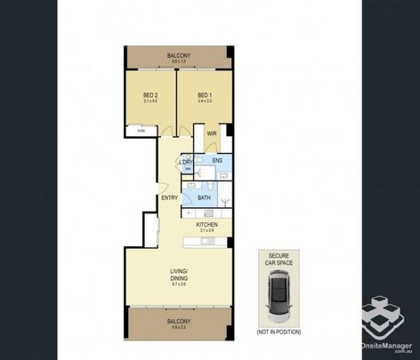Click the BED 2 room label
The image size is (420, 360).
(x=150, y=94)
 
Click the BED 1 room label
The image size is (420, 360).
(x=205, y=94)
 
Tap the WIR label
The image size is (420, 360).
(x=212, y=134)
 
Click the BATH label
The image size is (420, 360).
(x=204, y=197)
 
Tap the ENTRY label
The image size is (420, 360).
(x=169, y=197)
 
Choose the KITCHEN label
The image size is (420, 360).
(x=207, y=226)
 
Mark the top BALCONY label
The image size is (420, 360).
(x=179, y=55)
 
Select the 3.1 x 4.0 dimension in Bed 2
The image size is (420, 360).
(x=150, y=100)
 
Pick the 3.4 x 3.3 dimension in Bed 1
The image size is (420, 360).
(x=205, y=100)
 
